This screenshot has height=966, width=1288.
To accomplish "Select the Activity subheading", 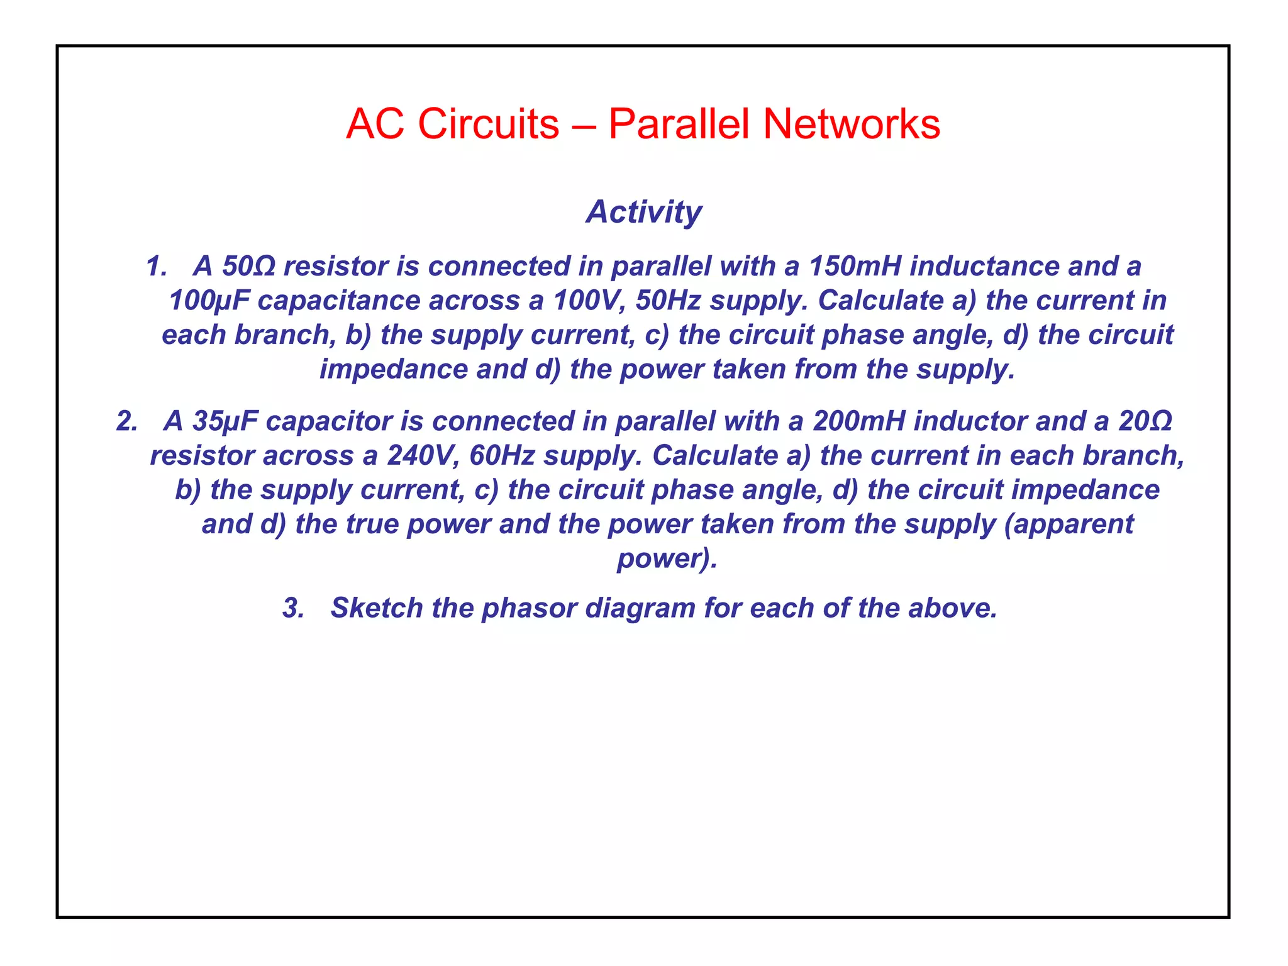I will pyautogui.click(x=644, y=211).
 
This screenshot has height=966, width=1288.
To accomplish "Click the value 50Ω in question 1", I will pyautogui.click(x=248, y=266).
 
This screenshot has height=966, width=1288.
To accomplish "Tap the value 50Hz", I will pyautogui.click(x=668, y=301).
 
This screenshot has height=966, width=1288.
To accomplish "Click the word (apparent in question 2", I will pyautogui.click(x=1069, y=525).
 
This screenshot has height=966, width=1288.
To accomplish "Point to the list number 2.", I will pyautogui.click(x=126, y=421).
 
